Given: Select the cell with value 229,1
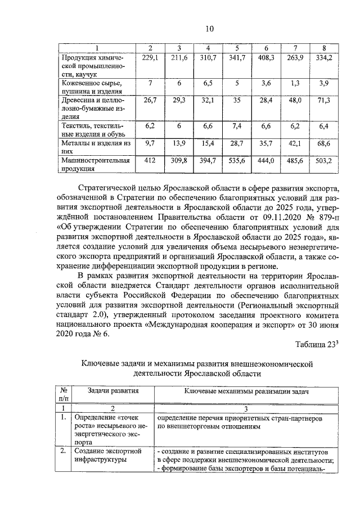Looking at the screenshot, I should click(x=150, y=58).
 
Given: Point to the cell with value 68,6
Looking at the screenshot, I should click(x=323, y=145).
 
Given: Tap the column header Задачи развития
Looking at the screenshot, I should click(x=113, y=391).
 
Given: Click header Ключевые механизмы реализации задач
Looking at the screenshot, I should click(x=247, y=391).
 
